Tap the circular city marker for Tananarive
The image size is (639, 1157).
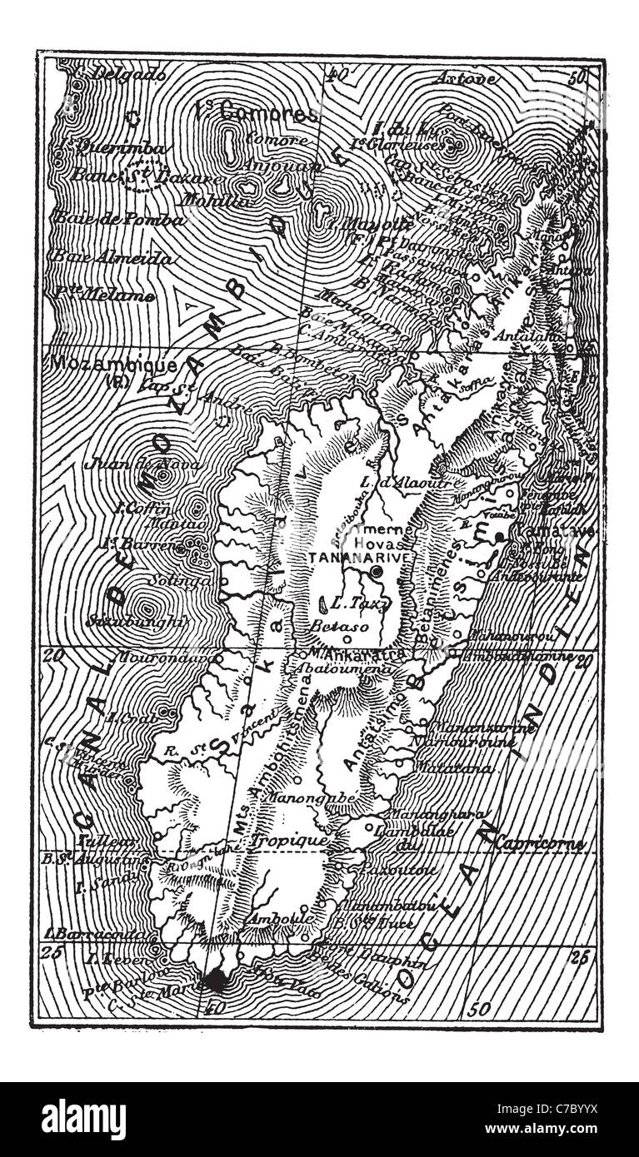coord(377,572)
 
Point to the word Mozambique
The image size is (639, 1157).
coord(114,365)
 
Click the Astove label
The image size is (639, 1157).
coord(467,79)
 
